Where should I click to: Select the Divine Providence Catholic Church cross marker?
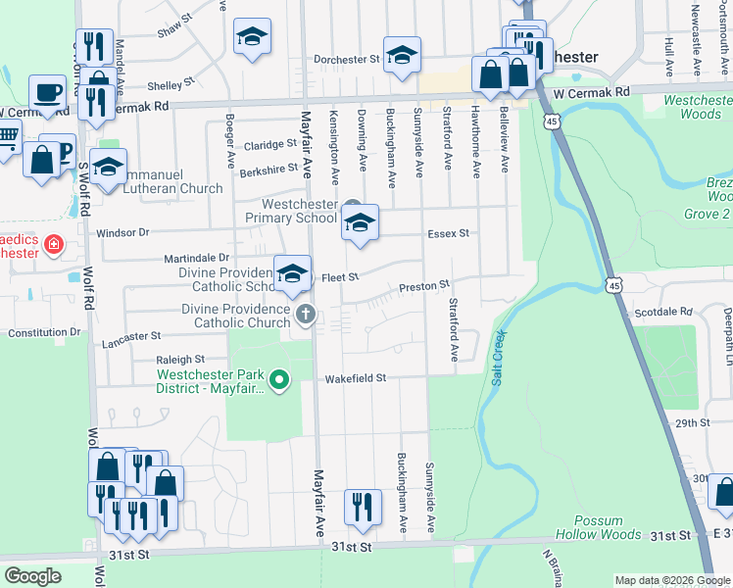pos(306,316)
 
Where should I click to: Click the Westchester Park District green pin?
pos(279,379)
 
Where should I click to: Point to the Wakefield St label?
pos(357,377)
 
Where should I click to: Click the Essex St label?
pos(448,233)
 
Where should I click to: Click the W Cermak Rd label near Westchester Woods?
pos(589,92)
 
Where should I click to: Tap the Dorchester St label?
pos(346,60)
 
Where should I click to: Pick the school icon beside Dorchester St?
pos(401,57)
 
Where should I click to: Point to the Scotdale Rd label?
pos(663,312)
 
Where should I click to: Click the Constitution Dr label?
pos(43,332)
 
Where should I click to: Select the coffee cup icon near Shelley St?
pos(47,92)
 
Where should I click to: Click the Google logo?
pos(33,576)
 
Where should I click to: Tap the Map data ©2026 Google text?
pos(671,580)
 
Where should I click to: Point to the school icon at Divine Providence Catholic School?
pos(292,273)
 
